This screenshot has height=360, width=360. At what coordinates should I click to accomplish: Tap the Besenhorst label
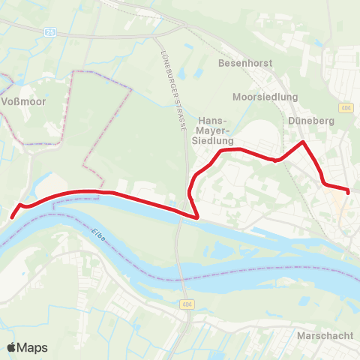point(242,64)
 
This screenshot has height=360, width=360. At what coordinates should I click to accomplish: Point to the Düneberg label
point(310,119)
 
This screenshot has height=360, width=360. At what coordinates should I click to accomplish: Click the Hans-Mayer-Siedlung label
point(216,130)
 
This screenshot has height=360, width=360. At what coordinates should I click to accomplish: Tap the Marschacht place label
point(325,334)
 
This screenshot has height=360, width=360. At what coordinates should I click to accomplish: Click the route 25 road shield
point(49,31)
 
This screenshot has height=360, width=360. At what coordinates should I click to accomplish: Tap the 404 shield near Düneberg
point(345,107)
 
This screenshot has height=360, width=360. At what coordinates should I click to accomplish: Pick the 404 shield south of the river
point(187,304)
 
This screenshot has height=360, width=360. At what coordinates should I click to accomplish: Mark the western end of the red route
point(12,216)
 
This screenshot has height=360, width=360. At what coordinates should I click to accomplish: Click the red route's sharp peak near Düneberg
point(302,142)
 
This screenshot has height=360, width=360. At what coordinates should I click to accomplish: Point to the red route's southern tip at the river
point(196,217)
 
